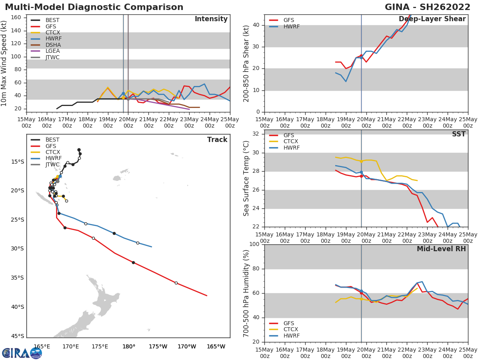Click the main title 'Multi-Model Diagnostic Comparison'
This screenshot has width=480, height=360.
pos(94,7)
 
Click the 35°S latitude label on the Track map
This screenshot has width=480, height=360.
pos(17,278)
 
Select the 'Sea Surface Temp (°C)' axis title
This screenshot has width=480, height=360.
pos(246,178)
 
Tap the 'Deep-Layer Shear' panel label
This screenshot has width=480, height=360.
pos(432,19)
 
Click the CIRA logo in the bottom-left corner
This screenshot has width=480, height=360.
pos(22,353)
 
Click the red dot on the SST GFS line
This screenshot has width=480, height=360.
pos(361,176)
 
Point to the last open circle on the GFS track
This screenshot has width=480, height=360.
pos(176,283)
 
